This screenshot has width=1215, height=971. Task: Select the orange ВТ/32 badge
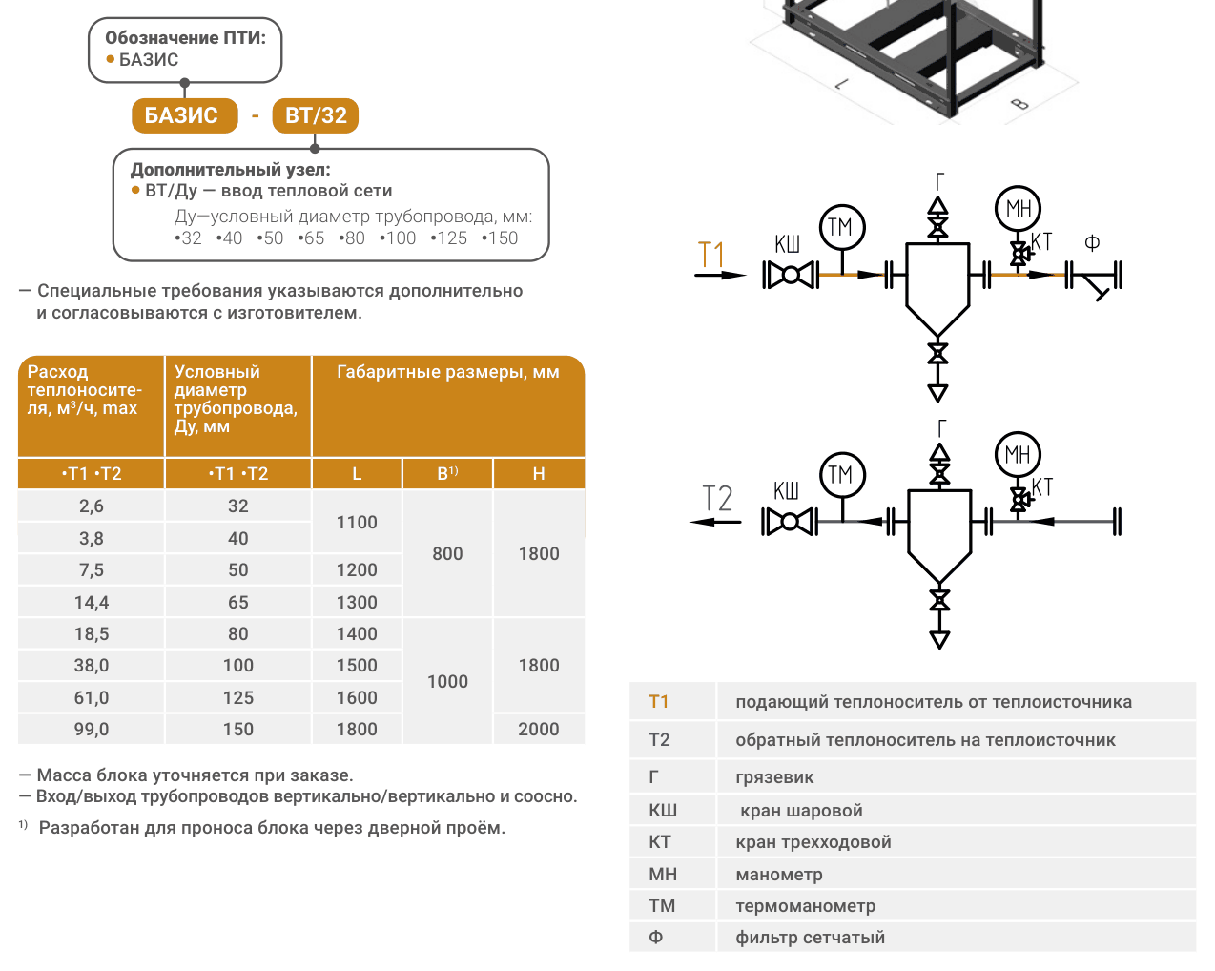(315, 115)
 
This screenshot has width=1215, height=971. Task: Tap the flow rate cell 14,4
(92, 602)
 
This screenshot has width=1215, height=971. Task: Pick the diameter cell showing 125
(237, 697)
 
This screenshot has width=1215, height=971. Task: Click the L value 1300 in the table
(357, 602)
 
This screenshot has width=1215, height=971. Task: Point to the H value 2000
(539, 730)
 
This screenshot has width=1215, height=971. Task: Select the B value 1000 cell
(447, 682)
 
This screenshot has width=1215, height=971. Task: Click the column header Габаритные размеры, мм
(447, 372)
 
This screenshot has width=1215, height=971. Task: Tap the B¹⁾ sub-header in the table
(447, 473)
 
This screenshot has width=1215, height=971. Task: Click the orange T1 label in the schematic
(710, 255)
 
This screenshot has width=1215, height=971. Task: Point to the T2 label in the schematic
(717, 498)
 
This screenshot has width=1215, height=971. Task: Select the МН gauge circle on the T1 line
(1018, 209)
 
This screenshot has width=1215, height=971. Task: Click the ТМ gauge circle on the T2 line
(842, 475)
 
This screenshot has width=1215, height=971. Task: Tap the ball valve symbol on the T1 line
(791, 275)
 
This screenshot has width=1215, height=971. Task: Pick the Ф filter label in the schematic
(1092, 243)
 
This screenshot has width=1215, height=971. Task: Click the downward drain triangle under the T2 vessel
(939, 639)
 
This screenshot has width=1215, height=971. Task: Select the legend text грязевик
(774, 777)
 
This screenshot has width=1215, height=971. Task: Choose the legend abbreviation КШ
(662, 811)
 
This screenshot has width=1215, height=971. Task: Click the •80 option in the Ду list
(352, 238)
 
